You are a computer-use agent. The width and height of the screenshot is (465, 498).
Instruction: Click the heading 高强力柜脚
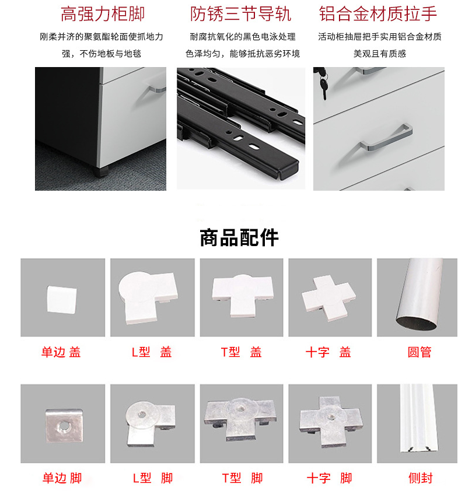[x=102, y=14]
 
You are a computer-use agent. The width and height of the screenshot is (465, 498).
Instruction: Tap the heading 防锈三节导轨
[x=240, y=14]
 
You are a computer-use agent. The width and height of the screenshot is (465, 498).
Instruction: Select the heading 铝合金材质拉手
[x=378, y=14]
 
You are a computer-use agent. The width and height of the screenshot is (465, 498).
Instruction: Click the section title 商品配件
[x=239, y=237]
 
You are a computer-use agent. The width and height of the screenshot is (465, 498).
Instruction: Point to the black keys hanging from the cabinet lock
[x=323, y=83]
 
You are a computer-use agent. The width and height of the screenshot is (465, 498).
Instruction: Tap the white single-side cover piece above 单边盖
[x=62, y=300]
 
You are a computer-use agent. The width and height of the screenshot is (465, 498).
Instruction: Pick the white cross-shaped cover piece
[x=328, y=298]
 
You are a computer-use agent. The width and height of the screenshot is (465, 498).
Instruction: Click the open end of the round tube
[x=417, y=324]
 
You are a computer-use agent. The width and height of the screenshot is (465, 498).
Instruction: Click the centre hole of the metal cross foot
[x=331, y=416]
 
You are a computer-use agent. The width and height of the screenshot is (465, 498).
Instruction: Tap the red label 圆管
[x=419, y=352]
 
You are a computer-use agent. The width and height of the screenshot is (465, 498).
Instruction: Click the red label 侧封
[x=421, y=478]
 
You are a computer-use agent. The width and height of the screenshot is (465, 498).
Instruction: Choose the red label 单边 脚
[x=62, y=478]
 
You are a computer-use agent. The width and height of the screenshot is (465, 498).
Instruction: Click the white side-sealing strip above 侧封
[x=418, y=418]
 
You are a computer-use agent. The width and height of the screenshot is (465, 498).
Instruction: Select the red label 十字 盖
[x=328, y=352]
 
